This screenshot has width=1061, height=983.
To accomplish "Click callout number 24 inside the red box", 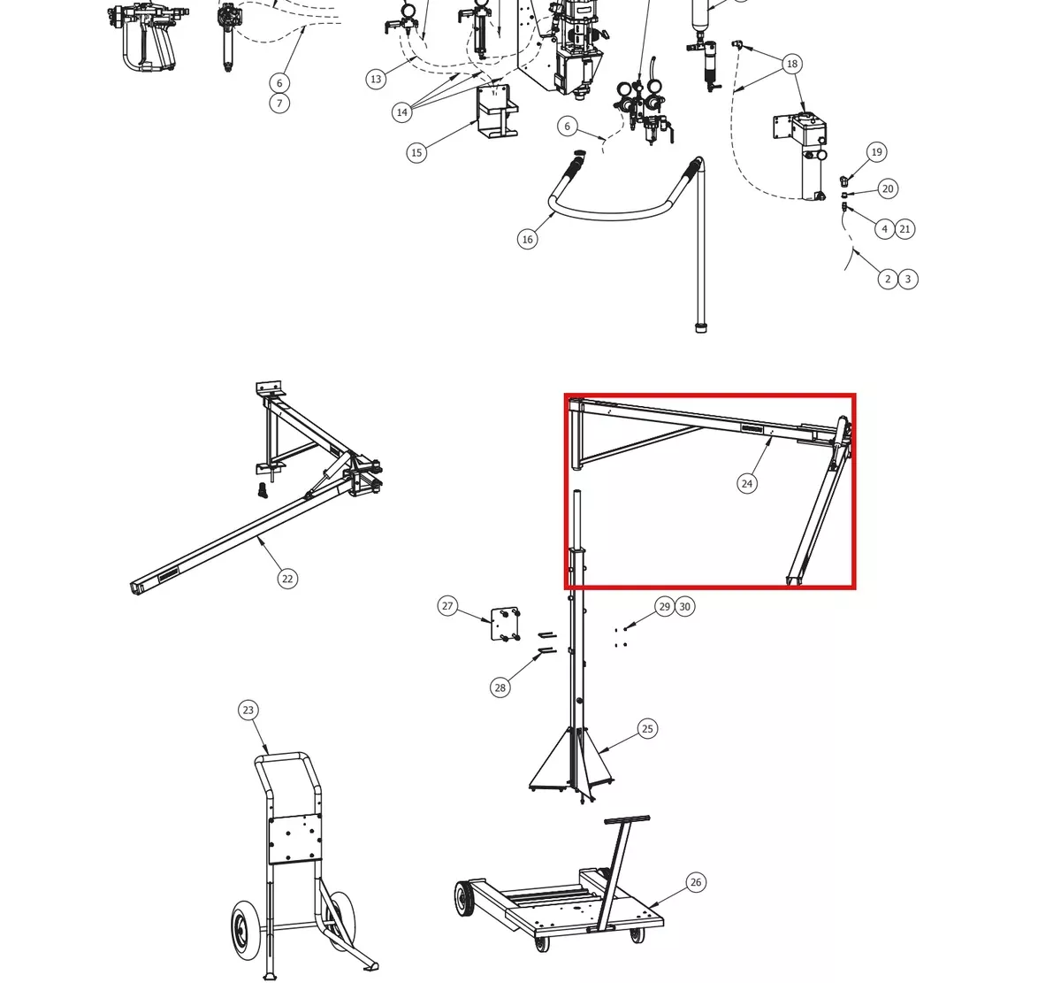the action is click(x=746, y=483).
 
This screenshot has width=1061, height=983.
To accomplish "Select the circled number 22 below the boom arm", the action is click(x=287, y=579).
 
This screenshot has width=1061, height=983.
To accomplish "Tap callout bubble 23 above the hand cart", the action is click(x=248, y=710).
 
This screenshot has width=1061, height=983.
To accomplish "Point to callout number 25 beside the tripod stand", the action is click(x=647, y=728).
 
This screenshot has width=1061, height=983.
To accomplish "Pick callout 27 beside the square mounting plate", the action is click(x=447, y=606).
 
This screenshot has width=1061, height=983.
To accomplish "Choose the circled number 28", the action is click(x=500, y=687).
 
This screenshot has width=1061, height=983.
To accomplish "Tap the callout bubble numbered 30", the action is click(x=684, y=606).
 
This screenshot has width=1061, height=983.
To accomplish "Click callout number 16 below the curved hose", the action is click(x=527, y=239).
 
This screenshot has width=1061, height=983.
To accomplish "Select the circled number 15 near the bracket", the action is click(x=416, y=153).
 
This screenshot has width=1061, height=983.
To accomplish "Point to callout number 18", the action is click(x=791, y=65).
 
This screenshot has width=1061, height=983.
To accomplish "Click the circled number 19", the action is click(x=876, y=152).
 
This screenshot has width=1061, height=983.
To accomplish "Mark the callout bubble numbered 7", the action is click(x=279, y=104).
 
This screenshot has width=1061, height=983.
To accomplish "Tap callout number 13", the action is click(x=376, y=79).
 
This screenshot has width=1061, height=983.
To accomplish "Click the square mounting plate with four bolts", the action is click(x=506, y=624).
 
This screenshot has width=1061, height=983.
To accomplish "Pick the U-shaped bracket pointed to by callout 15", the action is click(x=497, y=111).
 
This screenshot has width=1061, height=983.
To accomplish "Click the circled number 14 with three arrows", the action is click(x=401, y=112).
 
